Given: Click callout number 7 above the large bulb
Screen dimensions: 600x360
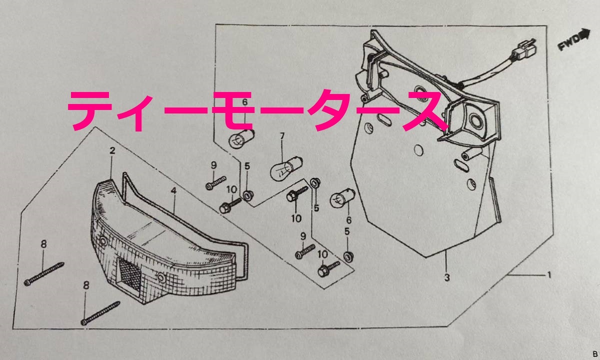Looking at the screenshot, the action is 282,136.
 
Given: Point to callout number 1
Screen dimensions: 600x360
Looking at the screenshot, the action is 549,275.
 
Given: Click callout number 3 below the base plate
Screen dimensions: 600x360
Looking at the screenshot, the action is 447,278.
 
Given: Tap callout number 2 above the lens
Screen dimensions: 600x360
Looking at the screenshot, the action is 112,150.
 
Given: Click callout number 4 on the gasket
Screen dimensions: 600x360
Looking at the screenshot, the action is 174,191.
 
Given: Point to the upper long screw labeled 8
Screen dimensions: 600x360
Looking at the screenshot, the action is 44,274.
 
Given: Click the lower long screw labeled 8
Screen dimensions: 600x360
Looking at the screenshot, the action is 100,313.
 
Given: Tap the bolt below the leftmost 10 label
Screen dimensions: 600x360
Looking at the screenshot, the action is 230,205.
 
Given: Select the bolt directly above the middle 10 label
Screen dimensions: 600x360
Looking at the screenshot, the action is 297,193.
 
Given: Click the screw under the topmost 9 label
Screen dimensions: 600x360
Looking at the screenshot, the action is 215,183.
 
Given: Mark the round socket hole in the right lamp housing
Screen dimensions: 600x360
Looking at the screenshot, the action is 476,120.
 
